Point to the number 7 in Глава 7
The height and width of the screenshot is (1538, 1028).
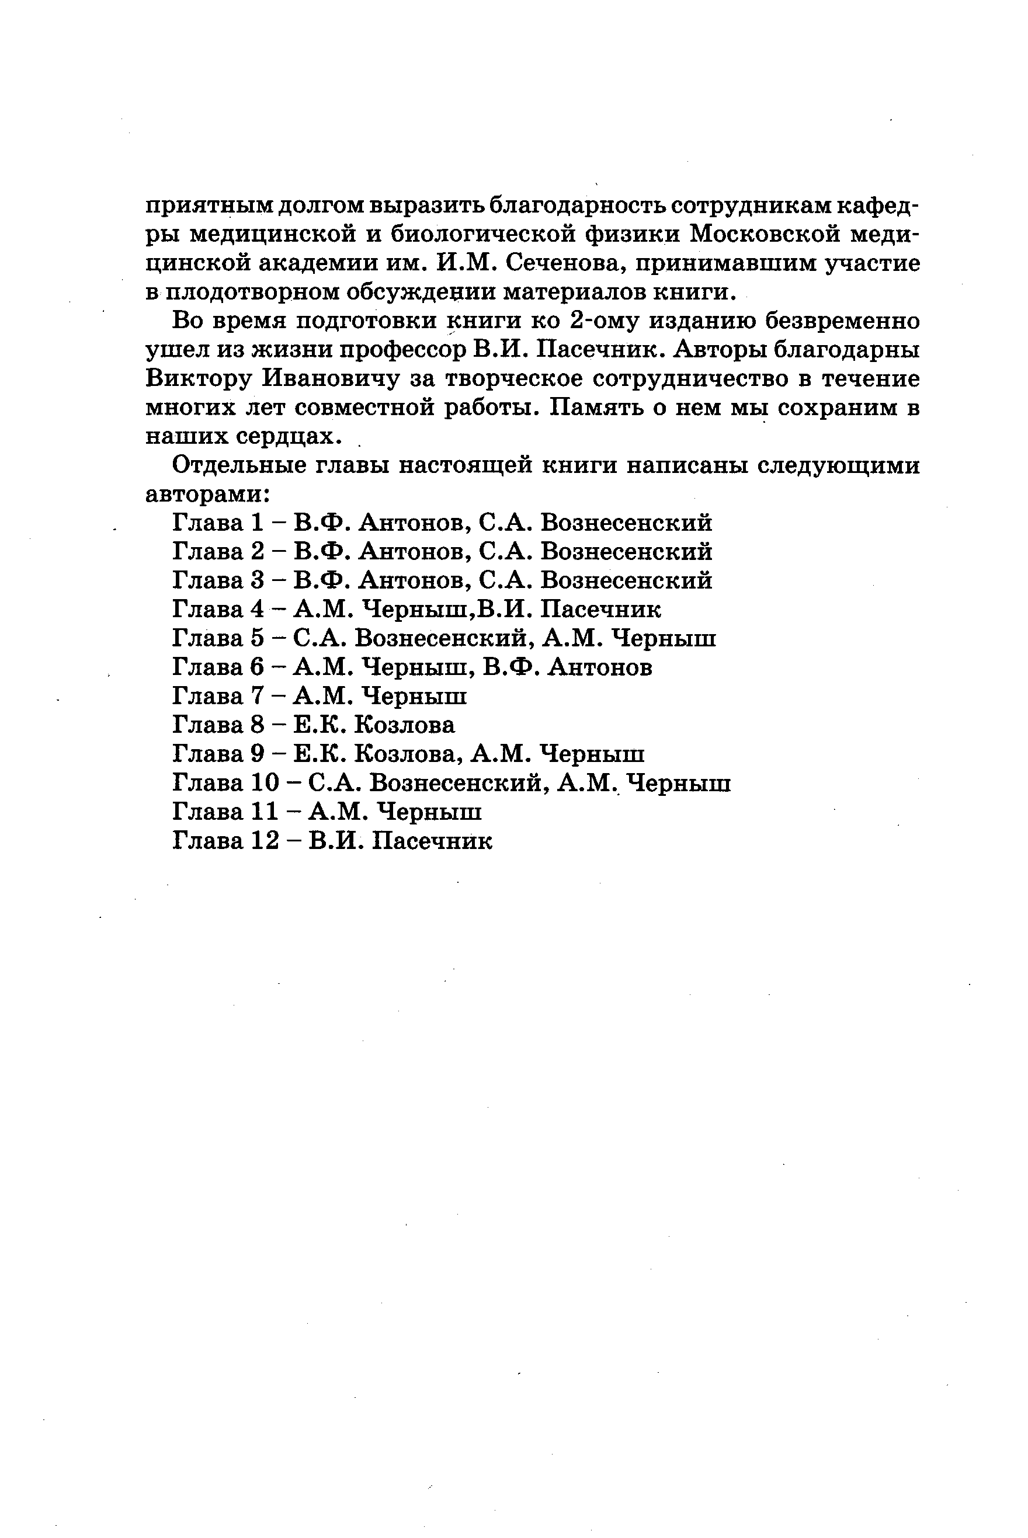[x=256, y=696]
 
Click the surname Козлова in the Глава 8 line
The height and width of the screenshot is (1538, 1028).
[x=405, y=725]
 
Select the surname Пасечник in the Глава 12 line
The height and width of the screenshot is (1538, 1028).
[x=432, y=840]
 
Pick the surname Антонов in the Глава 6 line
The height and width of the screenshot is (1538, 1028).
[x=600, y=667]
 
